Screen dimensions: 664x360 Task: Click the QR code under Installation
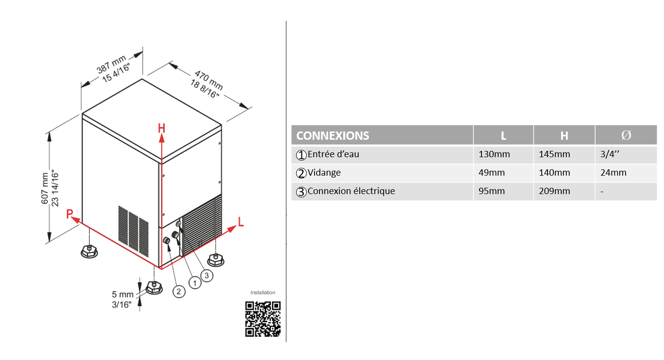click(263, 319)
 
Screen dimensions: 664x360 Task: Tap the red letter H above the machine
click(161, 128)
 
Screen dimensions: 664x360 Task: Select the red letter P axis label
click(69, 213)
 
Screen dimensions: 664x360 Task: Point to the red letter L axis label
click(241, 222)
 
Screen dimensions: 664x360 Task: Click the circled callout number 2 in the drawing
click(179, 292)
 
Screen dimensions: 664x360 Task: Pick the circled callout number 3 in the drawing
click(207, 276)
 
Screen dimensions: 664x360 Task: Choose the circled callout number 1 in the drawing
click(195, 283)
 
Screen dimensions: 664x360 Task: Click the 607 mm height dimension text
click(45, 188)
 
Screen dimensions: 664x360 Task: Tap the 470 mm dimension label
click(209, 80)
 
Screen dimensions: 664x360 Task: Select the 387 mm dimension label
click(112, 65)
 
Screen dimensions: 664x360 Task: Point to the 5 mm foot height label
click(122, 294)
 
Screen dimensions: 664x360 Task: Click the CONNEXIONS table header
click(332, 136)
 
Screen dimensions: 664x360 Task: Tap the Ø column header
click(626, 135)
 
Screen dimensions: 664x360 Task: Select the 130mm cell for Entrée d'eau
click(494, 154)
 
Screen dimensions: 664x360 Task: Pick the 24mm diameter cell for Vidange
click(614, 173)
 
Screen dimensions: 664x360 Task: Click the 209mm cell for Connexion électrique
click(554, 191)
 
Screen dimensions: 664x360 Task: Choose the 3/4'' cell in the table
click(610, 154)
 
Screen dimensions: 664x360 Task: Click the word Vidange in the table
click(324, 172)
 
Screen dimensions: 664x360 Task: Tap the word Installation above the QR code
click(263, 293)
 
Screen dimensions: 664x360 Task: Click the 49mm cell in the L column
click(492, 173)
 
